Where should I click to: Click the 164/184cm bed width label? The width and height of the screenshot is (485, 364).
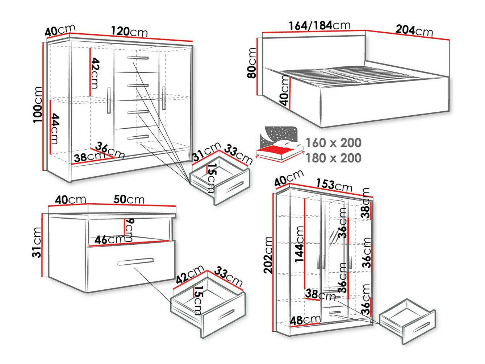tap(319, 25)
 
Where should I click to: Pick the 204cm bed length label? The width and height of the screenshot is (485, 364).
tap(414, 30)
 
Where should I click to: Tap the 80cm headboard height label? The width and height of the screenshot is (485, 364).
tap(251, 63)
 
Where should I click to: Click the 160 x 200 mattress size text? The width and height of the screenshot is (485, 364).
tap(333, 143)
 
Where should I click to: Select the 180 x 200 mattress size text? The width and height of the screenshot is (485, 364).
tap(333, 158)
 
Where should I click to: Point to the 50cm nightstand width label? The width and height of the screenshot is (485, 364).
tap(129, 199)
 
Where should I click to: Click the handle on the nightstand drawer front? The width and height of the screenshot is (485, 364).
tap(135, 262)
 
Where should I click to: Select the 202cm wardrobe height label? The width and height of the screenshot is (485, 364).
tap(268, 255)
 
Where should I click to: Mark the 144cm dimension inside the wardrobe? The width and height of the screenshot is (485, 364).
tap(299, 244)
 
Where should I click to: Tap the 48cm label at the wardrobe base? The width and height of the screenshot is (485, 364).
tap(306, 320)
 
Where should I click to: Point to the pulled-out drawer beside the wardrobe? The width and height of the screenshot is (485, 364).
tap(407, 320)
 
